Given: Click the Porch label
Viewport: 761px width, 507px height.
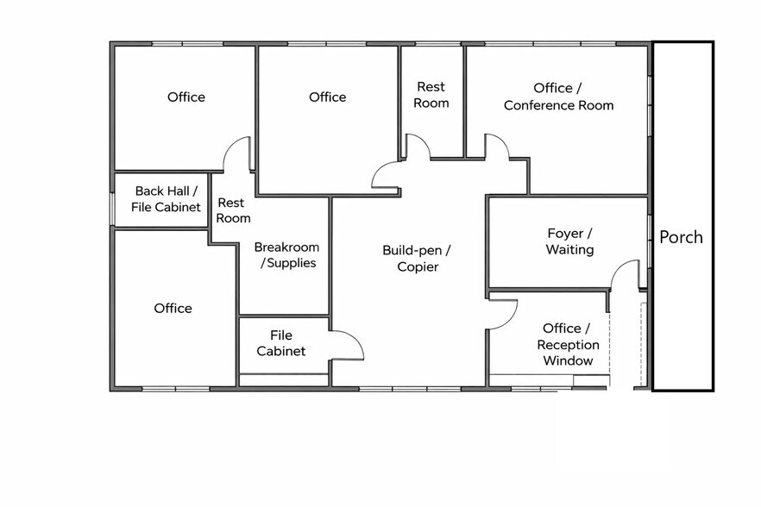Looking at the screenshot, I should [681, 237].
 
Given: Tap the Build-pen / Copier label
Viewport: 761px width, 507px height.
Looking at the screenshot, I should [417, 258].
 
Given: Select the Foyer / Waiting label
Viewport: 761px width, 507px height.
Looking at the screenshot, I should [569, 241].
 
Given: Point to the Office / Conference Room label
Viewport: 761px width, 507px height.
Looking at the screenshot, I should [558, 97].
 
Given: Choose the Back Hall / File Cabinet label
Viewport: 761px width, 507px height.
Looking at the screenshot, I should [166, 199].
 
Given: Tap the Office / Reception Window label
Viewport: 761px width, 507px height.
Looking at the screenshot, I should [567, 344].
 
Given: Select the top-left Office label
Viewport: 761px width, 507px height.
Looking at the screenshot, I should [186, 97].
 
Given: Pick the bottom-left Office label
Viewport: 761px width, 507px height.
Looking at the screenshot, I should [173, 308].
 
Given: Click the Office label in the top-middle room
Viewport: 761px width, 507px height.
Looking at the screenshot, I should [327, 97].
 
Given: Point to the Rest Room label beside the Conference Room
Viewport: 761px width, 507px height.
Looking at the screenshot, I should [431, 95].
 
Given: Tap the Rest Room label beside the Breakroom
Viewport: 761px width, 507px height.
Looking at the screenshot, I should [233, 210].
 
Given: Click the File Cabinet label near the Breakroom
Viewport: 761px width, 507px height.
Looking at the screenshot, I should [281, 343].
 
